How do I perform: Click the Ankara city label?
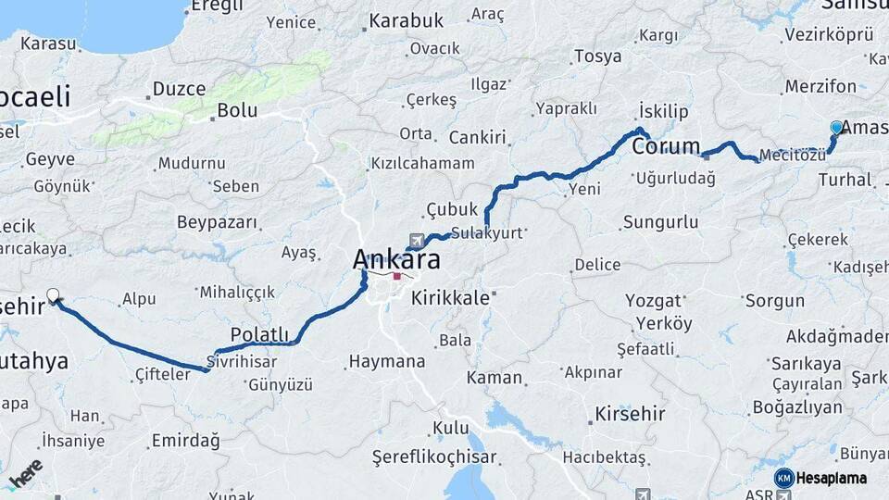click(396, 260)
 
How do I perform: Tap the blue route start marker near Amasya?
click(837, 128)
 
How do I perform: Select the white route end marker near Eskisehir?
click(54, 296)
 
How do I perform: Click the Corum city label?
click(666, 146)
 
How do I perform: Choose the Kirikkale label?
click(450, 298)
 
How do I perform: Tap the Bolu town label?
click(236, 110)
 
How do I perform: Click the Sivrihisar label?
click(243, 362)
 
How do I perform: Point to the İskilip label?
click(664, 112)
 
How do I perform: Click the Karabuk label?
click(407, 19)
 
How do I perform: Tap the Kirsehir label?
click(630, 413)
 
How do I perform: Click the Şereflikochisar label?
click(434, 457)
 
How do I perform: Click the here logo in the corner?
click(25, 474)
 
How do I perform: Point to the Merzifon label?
click(820, 86)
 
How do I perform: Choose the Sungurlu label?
click(660, 222)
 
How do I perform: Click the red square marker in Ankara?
click(397, 276)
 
